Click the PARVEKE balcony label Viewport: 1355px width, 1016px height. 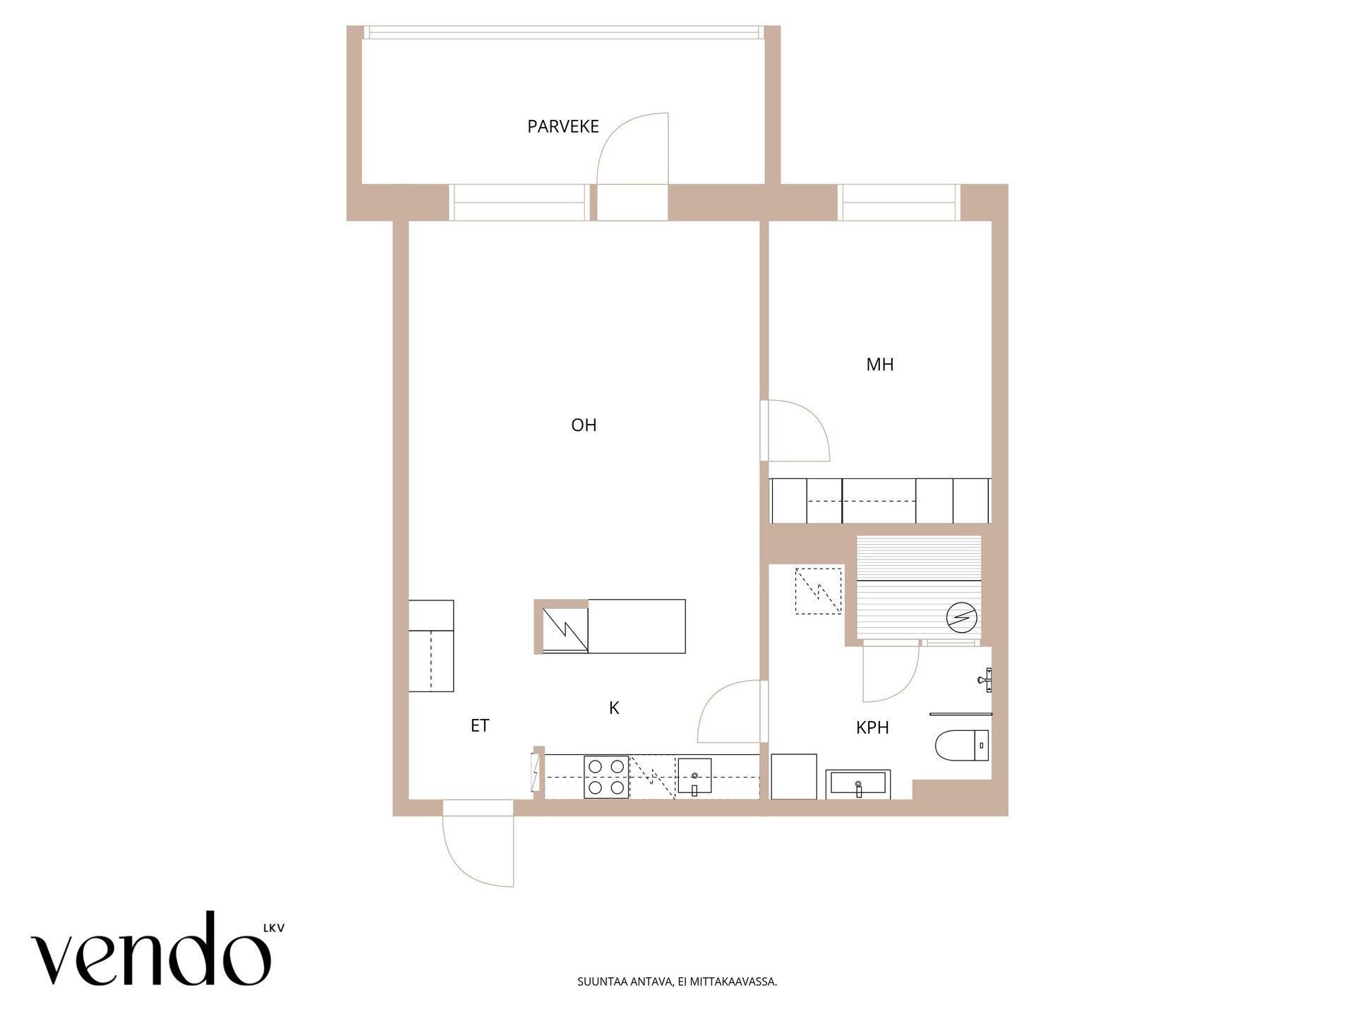click(562, 126)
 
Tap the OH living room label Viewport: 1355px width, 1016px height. click(584, 425)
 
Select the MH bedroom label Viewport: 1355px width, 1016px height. click(879, 364)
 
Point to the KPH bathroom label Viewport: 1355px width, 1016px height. click(872, 727)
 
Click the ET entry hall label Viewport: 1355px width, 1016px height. click(480, 725)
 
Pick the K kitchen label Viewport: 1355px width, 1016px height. click(614, 708)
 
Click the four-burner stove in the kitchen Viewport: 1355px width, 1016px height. click(606, 777)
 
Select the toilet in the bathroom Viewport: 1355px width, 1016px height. click(962, 745)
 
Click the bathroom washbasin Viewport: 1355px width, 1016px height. click(858, 784)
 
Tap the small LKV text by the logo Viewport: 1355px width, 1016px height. click(274, 928)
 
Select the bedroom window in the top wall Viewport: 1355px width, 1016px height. click(899, 202)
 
